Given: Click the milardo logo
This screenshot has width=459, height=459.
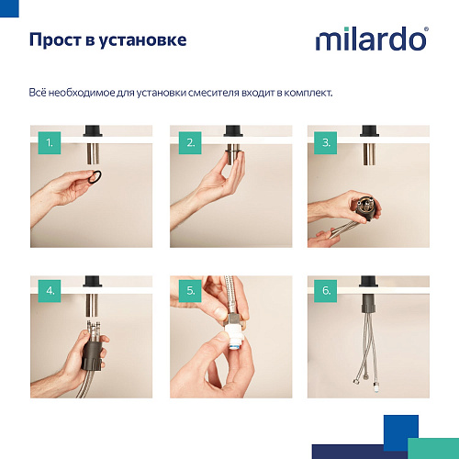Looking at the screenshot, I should click(x=370, y=40).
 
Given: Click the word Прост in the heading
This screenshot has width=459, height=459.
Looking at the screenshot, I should click(x=54, y=40).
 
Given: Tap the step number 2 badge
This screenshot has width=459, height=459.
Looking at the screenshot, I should click(x=191, y=143).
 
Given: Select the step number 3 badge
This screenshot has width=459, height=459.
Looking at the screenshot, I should click(x=324, y=143).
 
